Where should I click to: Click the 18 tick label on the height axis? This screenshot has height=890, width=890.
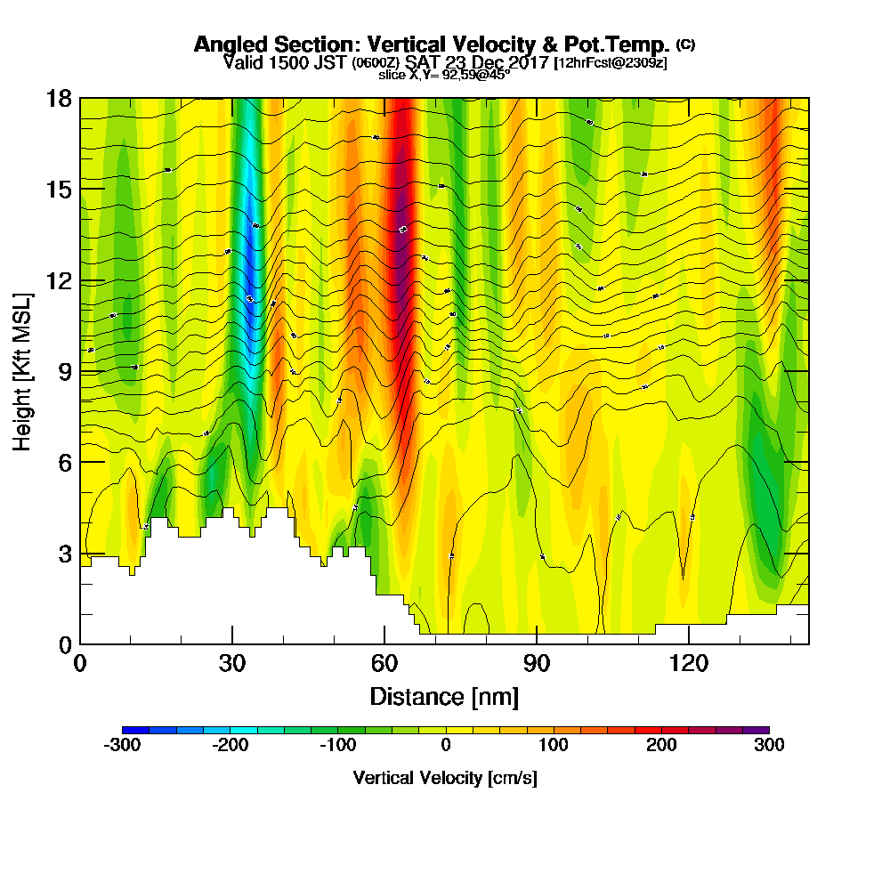click(x=60, y=98)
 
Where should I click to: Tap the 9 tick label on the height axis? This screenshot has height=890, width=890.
click(x=65, y=371)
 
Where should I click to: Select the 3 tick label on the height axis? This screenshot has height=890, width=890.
click(x=65, y=553)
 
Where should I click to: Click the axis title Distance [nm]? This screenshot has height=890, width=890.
click(x=444, y=696)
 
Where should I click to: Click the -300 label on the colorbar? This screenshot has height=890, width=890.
click(x=122, y=746)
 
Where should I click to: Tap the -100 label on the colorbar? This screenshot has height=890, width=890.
click(x=338, y=746)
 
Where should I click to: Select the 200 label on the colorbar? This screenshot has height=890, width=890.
click(x=661, y=746)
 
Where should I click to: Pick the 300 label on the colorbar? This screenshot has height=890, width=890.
click(x=769, y=746)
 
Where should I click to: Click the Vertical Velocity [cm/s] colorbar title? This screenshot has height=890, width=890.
click(x=445, y=778)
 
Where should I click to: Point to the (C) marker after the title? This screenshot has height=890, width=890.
click(x=686, y=44)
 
